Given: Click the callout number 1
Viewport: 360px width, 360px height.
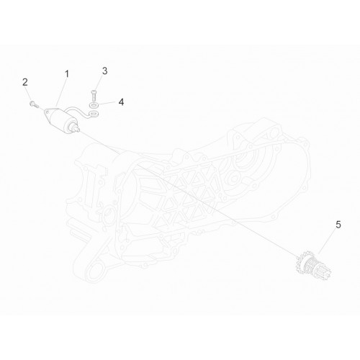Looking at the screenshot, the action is click(67, 74).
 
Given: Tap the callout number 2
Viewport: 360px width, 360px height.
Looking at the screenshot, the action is click(25, 82).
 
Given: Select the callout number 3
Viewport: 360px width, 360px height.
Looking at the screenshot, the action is click(104, 71).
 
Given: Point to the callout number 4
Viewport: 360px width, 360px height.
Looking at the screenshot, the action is click(121, 102).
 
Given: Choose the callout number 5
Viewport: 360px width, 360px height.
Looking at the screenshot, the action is click(338, 225).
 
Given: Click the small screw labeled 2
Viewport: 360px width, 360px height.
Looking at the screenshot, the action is click(33, 104).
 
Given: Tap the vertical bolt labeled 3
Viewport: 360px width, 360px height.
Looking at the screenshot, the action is click(94, 96).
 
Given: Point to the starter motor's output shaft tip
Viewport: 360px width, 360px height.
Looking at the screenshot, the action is click(78, 130).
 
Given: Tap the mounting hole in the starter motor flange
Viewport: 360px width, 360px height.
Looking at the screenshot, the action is click(47, 111).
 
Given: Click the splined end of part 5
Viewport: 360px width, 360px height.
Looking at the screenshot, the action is click(325, 273).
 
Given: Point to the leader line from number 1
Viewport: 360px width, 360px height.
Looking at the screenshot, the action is click(60, 93).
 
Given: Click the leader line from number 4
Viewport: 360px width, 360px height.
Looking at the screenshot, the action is click(106, 104).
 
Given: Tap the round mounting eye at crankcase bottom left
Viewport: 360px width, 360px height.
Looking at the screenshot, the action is click(95, 272).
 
